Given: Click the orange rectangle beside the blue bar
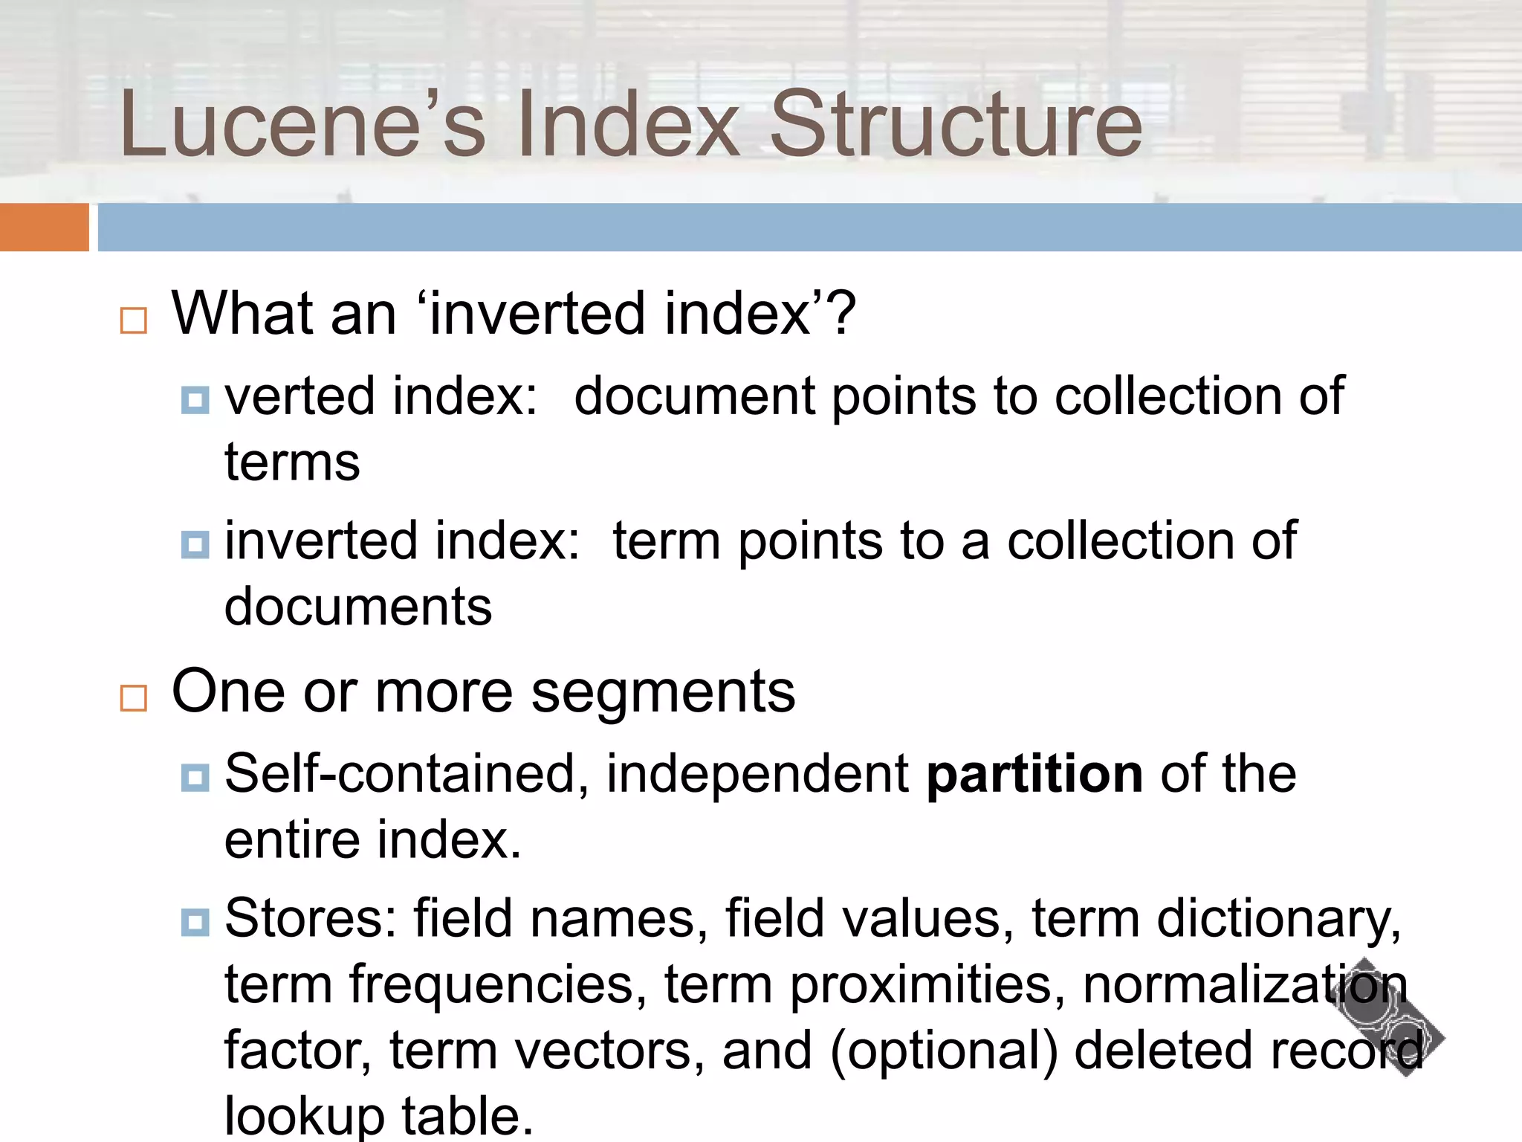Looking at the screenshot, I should coord(44,227).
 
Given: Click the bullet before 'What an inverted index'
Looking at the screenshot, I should coord(134,320).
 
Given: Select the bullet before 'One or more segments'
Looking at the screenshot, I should coord(134,698).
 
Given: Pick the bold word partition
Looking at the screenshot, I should coord(1034,775).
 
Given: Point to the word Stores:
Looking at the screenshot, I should coord(311,918).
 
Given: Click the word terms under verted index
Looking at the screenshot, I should coord(292,462).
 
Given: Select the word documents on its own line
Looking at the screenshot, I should coord(358,607).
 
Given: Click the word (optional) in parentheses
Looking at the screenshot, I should coord(943,1051).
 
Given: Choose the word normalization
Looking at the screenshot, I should coord(1245,984).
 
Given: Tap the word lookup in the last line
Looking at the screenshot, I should coord(305,1115).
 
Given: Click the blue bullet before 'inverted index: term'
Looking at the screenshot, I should coord(195,545).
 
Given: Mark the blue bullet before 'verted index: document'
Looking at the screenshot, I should coord(195,401).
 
